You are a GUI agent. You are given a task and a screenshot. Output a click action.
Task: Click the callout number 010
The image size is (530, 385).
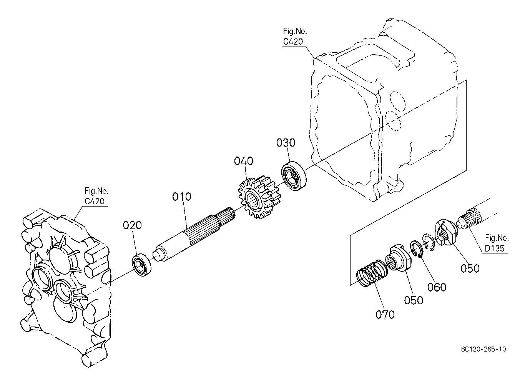pos(181,197)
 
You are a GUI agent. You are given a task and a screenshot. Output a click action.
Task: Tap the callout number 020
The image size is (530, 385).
pos(132,225)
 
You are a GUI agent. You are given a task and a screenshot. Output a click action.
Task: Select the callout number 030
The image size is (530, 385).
pos(286,143)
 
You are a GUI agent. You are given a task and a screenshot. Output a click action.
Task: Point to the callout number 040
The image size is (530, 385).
pos(243,161)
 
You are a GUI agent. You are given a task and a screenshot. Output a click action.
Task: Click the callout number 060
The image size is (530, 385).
pos(437,287)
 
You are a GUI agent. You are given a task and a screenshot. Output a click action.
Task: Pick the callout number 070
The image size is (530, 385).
pos(385,315)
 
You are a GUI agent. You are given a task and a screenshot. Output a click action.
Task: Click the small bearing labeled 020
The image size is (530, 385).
pos(142,265)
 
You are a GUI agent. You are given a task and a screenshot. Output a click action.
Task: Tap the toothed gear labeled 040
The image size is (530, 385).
pos(258,197)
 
